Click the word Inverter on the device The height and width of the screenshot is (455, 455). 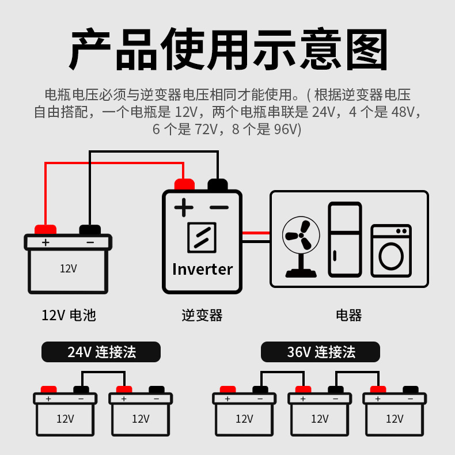click(202, 269)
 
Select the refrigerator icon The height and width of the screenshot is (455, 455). click(345, 239)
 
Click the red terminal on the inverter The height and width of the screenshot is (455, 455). click(184, 185)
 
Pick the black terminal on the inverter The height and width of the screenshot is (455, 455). click(218, 185)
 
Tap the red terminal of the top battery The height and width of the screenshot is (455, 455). click(45, 229)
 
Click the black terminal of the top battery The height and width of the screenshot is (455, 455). click(90, 229)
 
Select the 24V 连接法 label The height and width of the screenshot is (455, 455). click(101, 352)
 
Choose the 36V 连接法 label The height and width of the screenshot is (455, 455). click(321, 352)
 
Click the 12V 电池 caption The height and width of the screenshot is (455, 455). click(69, 315)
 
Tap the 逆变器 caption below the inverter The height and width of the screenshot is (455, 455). click(202, 315)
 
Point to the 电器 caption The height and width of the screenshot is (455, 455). click(349, 315)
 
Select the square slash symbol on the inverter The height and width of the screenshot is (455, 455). click(202, 237)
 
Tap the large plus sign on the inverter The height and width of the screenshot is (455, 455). click(184, 207)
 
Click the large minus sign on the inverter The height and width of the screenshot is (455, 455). click(218, 207)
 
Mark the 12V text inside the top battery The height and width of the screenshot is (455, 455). click(69, 268)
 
